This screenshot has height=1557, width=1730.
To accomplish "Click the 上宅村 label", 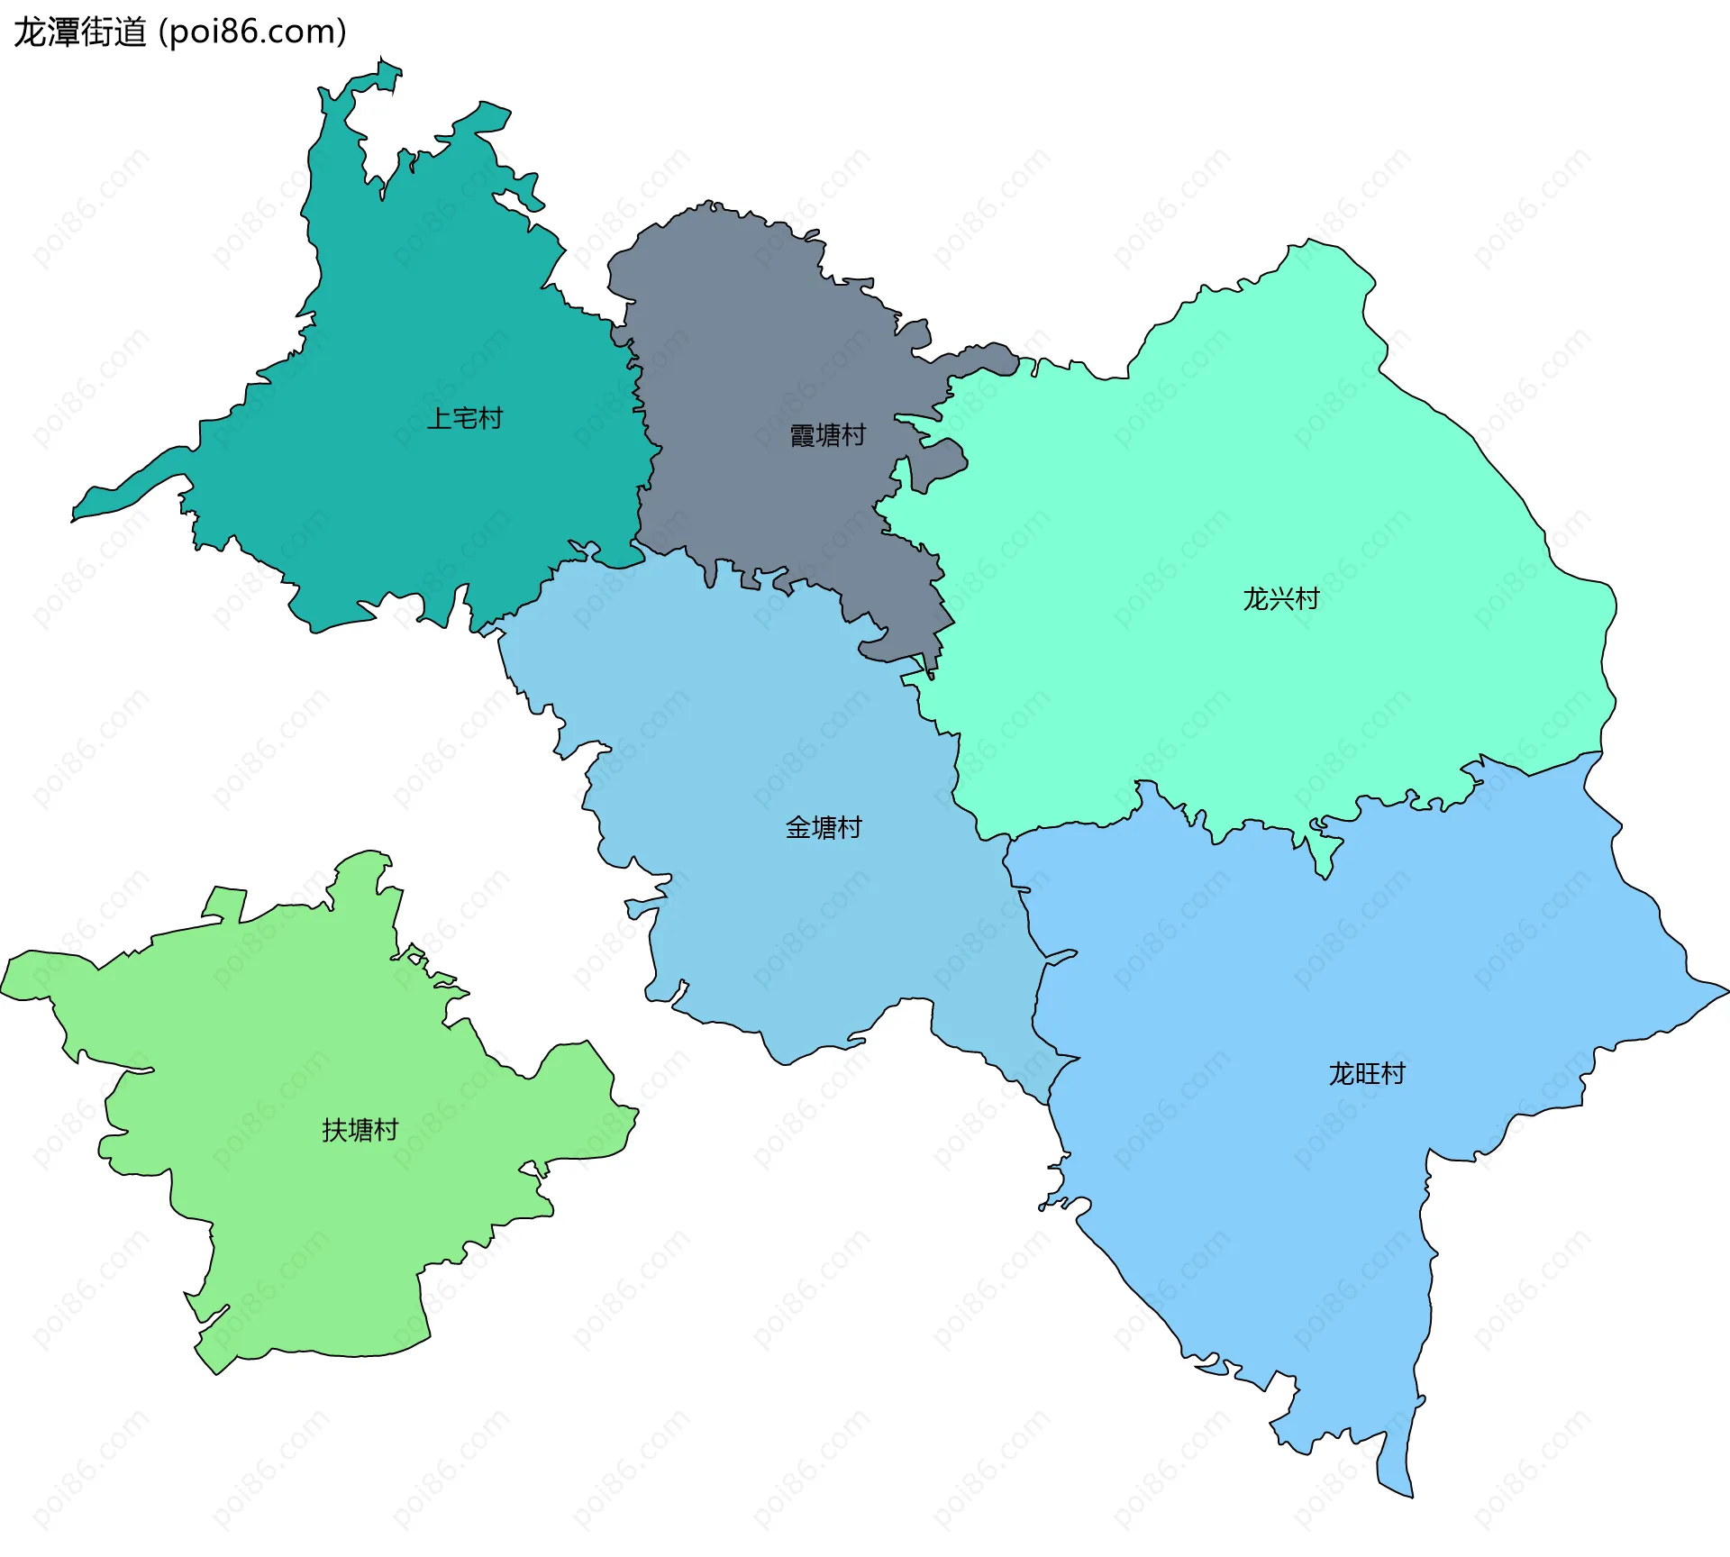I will [464, 418].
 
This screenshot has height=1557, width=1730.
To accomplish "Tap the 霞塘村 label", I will [827, 435].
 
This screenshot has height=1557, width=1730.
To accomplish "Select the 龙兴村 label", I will [1280, 598].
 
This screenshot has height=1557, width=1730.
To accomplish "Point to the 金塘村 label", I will [824, 827].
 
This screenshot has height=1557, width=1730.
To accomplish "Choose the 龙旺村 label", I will [1366, 1073].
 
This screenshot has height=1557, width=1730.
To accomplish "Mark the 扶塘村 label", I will [360, 1130].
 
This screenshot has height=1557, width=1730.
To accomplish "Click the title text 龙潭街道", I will [79, 32].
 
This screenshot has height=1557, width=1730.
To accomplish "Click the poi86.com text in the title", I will [252, 32].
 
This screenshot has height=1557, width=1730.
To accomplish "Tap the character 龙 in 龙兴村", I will [1255, 598].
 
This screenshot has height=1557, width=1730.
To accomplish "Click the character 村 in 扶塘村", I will [386, 1130].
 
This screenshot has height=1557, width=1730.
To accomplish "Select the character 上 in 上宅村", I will [439, 418].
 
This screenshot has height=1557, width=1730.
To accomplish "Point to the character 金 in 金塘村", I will [798, 827].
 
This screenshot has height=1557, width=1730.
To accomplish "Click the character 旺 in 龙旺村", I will [1367, 1073].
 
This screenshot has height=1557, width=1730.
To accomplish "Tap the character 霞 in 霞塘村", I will [802, 435].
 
